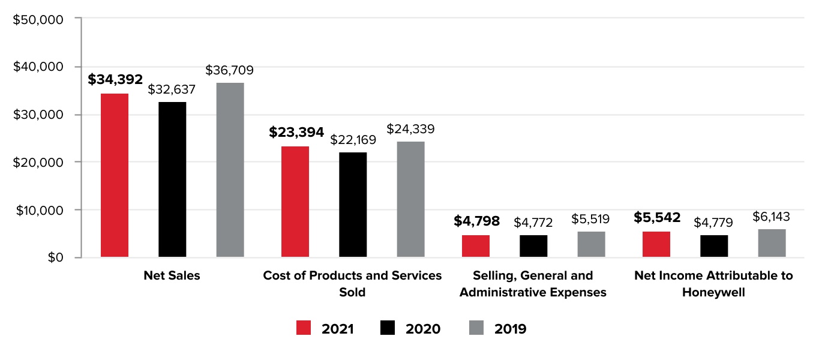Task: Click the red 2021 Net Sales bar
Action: pyautogui.click(x=114, y=175)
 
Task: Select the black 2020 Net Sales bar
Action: pyautogui.click(x=172, y=179)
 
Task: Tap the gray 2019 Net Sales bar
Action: pyautogui.click(x=230, y=170)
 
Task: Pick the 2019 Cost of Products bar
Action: pyautogui.click(x=410, y=199)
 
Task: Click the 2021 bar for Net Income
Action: pyautogui.click(x=656, y=244)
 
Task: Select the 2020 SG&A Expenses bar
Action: pyautogui.click(x=533, y=246)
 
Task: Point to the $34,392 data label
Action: pyautogui.click(x=115, y=79)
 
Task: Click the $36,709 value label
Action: pyautogui.click(x=229, y=70)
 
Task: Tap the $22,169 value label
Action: pyautogui.click(x=353, y=140)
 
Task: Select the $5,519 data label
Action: pyautogui.click(x=591, y=219)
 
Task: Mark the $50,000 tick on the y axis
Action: pyautogui.click(x=38, y=19)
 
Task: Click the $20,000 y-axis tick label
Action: pyautogui.click(x=38, y=162)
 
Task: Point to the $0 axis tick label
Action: pyautogui.click(x=55, y=257)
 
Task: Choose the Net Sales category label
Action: pyautogui.click(x=172, y=275)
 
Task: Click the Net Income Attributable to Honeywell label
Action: pyautogui.click(x=713, y=284)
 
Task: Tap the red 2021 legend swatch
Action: pyautogui.click(x=304, y=328)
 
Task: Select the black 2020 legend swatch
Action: pyautogui.click(x=388, y=328)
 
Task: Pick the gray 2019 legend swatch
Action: pyautogui.click(x=476, y=328)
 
